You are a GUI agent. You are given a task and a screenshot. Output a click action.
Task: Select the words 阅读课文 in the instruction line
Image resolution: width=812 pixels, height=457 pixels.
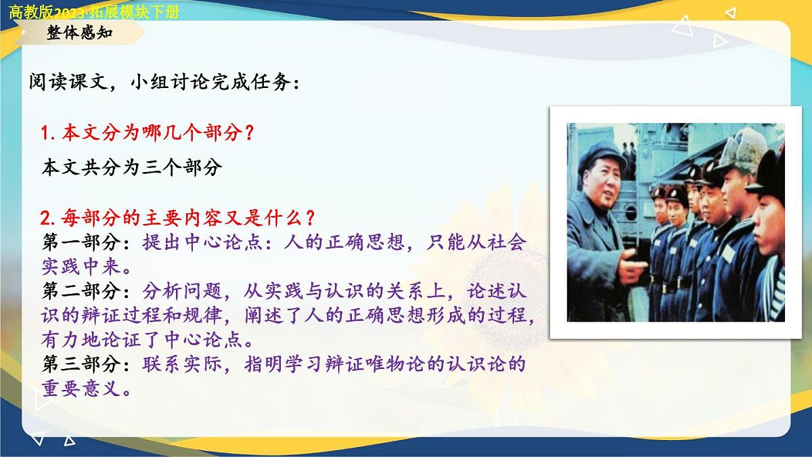[x=65, y=83]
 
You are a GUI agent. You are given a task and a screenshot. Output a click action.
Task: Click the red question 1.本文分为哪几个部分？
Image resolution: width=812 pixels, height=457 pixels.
[x=147, y=133]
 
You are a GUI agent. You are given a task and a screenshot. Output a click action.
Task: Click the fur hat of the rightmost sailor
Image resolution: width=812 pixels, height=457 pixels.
[x=768, y=166]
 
